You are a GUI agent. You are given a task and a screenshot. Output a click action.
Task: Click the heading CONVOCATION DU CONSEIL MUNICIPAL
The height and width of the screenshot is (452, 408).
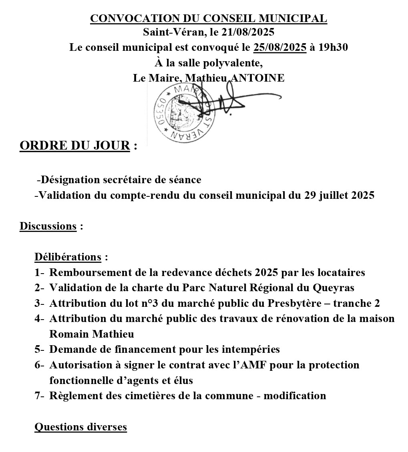(209, 18)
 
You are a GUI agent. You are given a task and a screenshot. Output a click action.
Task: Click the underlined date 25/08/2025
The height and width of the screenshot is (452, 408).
(280, 48)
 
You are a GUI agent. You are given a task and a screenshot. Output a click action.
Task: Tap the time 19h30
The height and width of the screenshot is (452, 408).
(333, 48)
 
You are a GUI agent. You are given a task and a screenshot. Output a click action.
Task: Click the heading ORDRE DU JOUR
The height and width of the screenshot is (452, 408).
(75, 146)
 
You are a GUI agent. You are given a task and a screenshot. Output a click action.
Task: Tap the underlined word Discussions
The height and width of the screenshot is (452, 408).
(48, 226)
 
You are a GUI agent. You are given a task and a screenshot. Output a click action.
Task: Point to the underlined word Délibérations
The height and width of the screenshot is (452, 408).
(68, 257)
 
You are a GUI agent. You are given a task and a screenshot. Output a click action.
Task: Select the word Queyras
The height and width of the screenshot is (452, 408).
(335, 288)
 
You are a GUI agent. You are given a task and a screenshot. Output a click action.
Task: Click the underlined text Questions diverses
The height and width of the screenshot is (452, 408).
(81, 427)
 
